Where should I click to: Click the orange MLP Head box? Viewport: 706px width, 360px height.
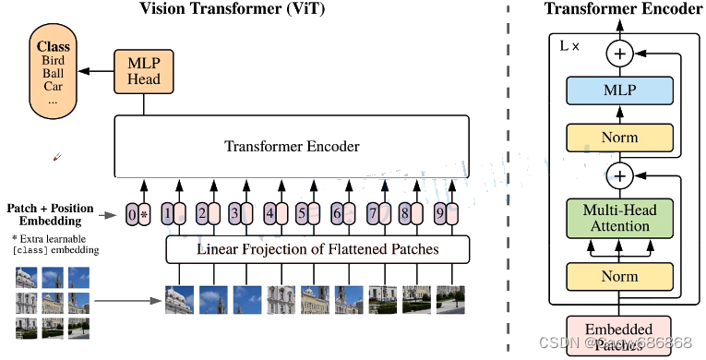[143, 71]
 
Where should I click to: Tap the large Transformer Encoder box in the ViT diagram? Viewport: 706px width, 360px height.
[292, 146]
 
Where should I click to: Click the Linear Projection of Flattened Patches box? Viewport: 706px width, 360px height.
[317, 249]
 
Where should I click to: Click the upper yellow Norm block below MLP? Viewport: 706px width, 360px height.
[619, 137]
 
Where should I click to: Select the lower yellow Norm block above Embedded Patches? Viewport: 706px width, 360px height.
[619, 275]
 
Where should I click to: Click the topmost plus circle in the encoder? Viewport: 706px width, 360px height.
[619, 54]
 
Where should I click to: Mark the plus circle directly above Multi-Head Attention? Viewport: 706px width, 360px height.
[619, 174]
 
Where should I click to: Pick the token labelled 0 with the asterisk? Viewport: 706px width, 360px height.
[138, 215]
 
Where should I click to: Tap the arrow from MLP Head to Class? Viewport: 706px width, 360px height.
[96, 71]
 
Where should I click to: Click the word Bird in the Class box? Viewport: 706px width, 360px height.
[54, 61]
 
